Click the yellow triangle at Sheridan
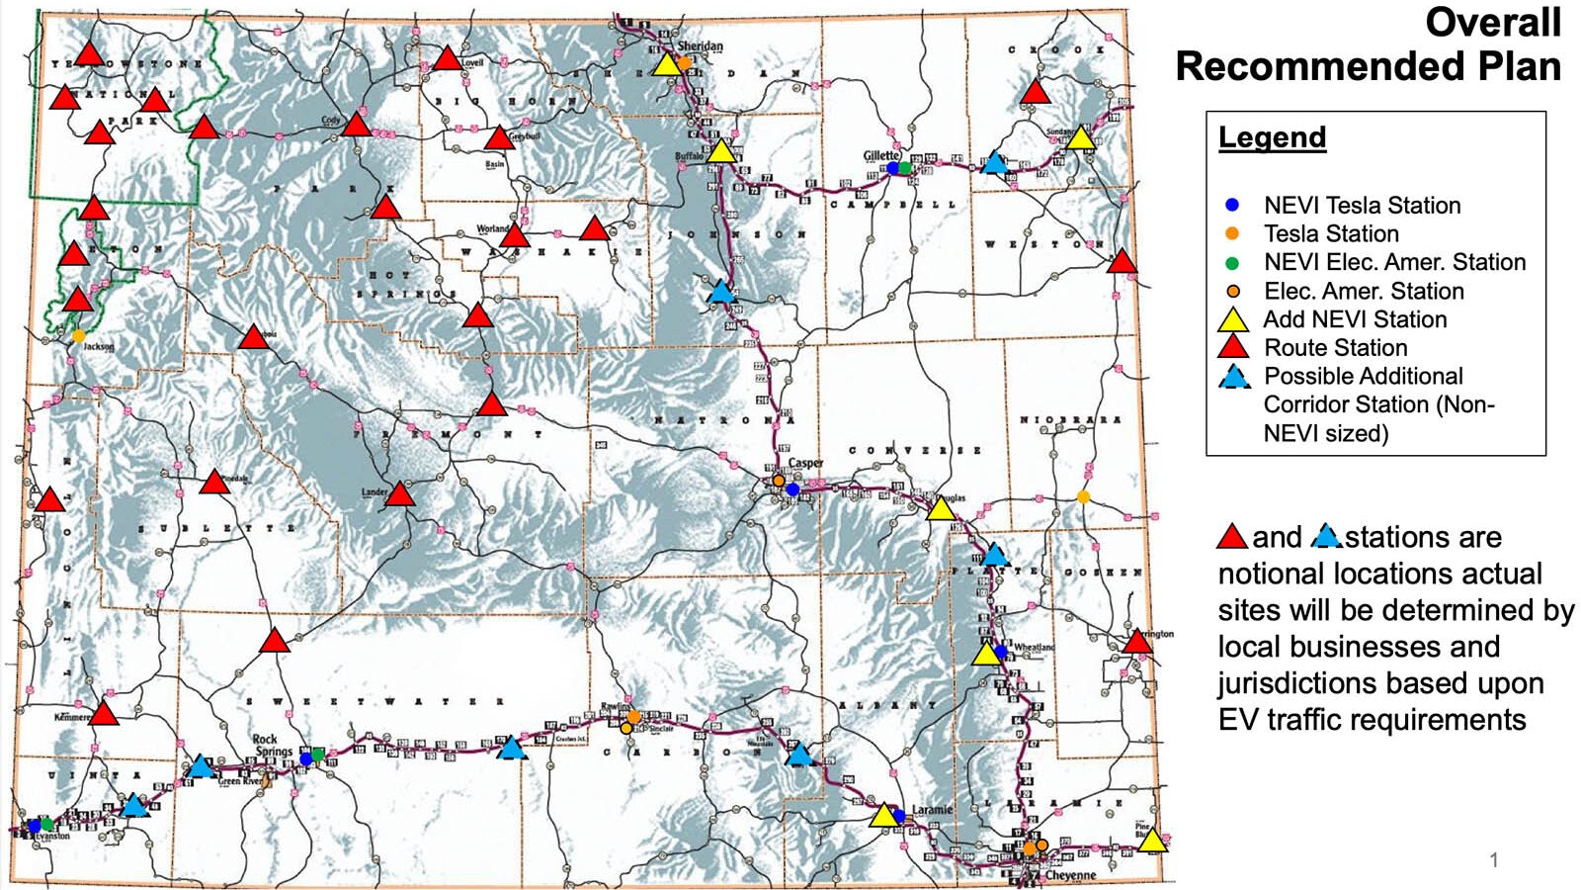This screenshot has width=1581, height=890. [667, 65]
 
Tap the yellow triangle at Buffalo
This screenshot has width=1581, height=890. [721, 152]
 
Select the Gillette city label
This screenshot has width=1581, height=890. [881, 155]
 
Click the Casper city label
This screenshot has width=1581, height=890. [805, 463]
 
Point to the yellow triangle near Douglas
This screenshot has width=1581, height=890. [941, 509]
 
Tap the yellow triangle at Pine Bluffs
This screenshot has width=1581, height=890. [1152, 842]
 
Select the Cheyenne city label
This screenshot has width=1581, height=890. [1070, 875]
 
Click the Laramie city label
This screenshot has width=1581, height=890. [931, 810]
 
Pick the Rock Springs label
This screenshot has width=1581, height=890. [272, 746]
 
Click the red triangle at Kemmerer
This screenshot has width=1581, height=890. [103, 713]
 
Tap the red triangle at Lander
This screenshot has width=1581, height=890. [399, 494]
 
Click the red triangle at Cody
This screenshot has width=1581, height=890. [356, 125]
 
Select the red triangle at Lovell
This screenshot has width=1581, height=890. [448, 59]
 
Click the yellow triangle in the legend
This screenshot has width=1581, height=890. [1232, 320]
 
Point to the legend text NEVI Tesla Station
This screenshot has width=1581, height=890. [1362, 206]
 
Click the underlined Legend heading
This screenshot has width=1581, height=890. [1272, 137]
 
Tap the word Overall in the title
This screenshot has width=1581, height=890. [1492, 23]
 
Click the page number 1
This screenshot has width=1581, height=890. [1494, 860]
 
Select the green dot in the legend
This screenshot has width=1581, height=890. [1231, 263]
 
